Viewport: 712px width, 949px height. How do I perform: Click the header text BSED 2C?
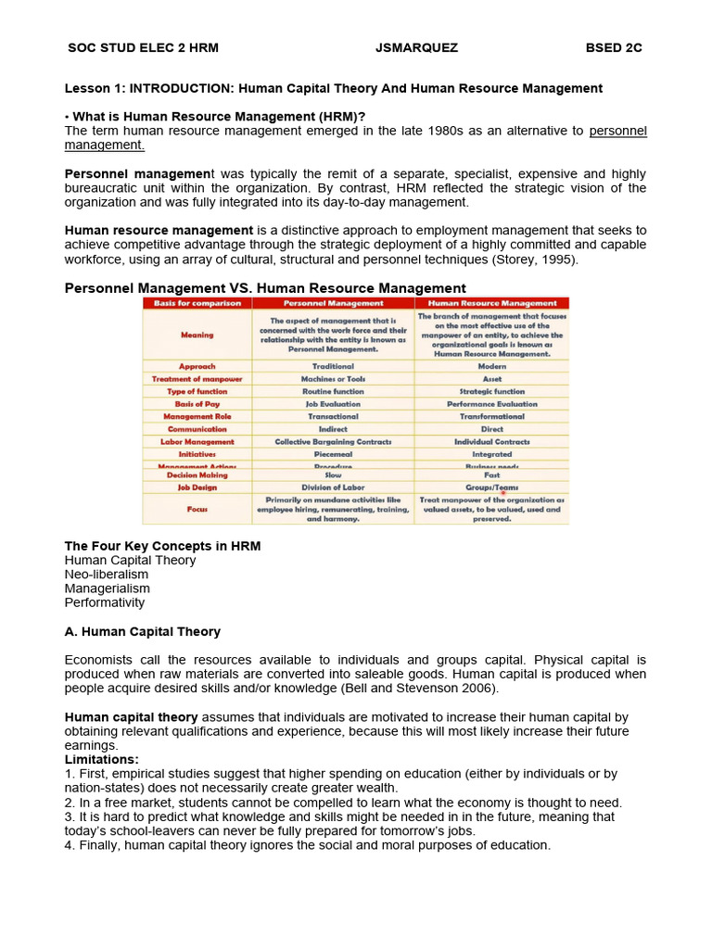click(614, 48)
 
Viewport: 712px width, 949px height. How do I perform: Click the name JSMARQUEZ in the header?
click(416, 48)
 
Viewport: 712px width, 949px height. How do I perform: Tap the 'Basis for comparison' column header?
click(197, 303)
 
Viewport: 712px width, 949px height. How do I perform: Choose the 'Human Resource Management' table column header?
click(491, 303)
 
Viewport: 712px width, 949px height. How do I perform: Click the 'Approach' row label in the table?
click(197, 366)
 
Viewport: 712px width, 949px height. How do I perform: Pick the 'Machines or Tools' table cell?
click(333, 379)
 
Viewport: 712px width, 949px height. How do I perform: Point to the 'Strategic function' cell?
click(491, 392)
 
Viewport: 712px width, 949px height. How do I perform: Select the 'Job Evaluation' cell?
click(333, 404)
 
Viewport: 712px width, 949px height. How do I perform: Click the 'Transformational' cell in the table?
click(491, 417)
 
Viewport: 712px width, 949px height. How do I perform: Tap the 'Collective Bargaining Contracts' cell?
click(333, 442)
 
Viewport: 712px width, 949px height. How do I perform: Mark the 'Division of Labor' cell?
click(333, 487)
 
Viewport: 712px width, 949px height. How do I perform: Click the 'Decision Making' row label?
click(197, 474)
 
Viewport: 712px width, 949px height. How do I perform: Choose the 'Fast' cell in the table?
click(491, 474)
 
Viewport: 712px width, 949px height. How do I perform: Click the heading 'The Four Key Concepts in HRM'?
click(162, 546)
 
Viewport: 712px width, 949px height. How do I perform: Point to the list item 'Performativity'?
click(105, 602)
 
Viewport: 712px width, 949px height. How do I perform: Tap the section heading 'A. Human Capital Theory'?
click(142, 631)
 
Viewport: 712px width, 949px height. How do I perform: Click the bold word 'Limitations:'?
click(101, 759)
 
